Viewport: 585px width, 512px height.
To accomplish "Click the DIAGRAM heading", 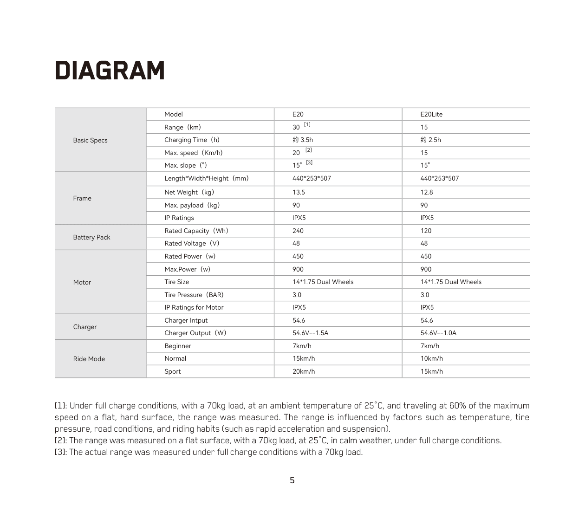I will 110,71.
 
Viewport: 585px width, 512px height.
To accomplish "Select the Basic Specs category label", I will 90,140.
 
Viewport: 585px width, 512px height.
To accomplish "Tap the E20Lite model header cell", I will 431,114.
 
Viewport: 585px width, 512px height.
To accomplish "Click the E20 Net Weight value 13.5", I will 299,192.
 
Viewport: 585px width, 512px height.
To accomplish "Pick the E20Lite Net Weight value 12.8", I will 427,192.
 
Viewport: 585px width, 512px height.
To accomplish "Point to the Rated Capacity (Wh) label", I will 196,231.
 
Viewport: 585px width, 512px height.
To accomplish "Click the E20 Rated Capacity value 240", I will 298,231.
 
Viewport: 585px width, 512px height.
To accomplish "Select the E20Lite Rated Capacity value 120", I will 426,231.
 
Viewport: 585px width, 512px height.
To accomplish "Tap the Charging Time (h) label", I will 192,140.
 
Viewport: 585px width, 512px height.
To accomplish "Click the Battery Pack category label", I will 91,237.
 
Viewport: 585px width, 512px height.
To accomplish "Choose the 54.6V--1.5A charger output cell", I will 310,333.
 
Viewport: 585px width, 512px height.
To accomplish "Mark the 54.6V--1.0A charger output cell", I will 438,333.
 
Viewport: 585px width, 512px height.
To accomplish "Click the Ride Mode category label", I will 89,359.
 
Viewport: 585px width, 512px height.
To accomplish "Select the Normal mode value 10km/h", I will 431,358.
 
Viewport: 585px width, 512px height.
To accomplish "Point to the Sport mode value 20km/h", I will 304,371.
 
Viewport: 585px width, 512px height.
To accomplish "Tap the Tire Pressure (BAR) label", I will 194,295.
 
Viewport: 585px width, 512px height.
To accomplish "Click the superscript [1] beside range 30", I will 307,124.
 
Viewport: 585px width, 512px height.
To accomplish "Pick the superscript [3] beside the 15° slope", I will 309,162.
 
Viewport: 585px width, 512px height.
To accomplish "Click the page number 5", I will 292,480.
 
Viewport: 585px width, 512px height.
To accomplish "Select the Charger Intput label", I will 186,320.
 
